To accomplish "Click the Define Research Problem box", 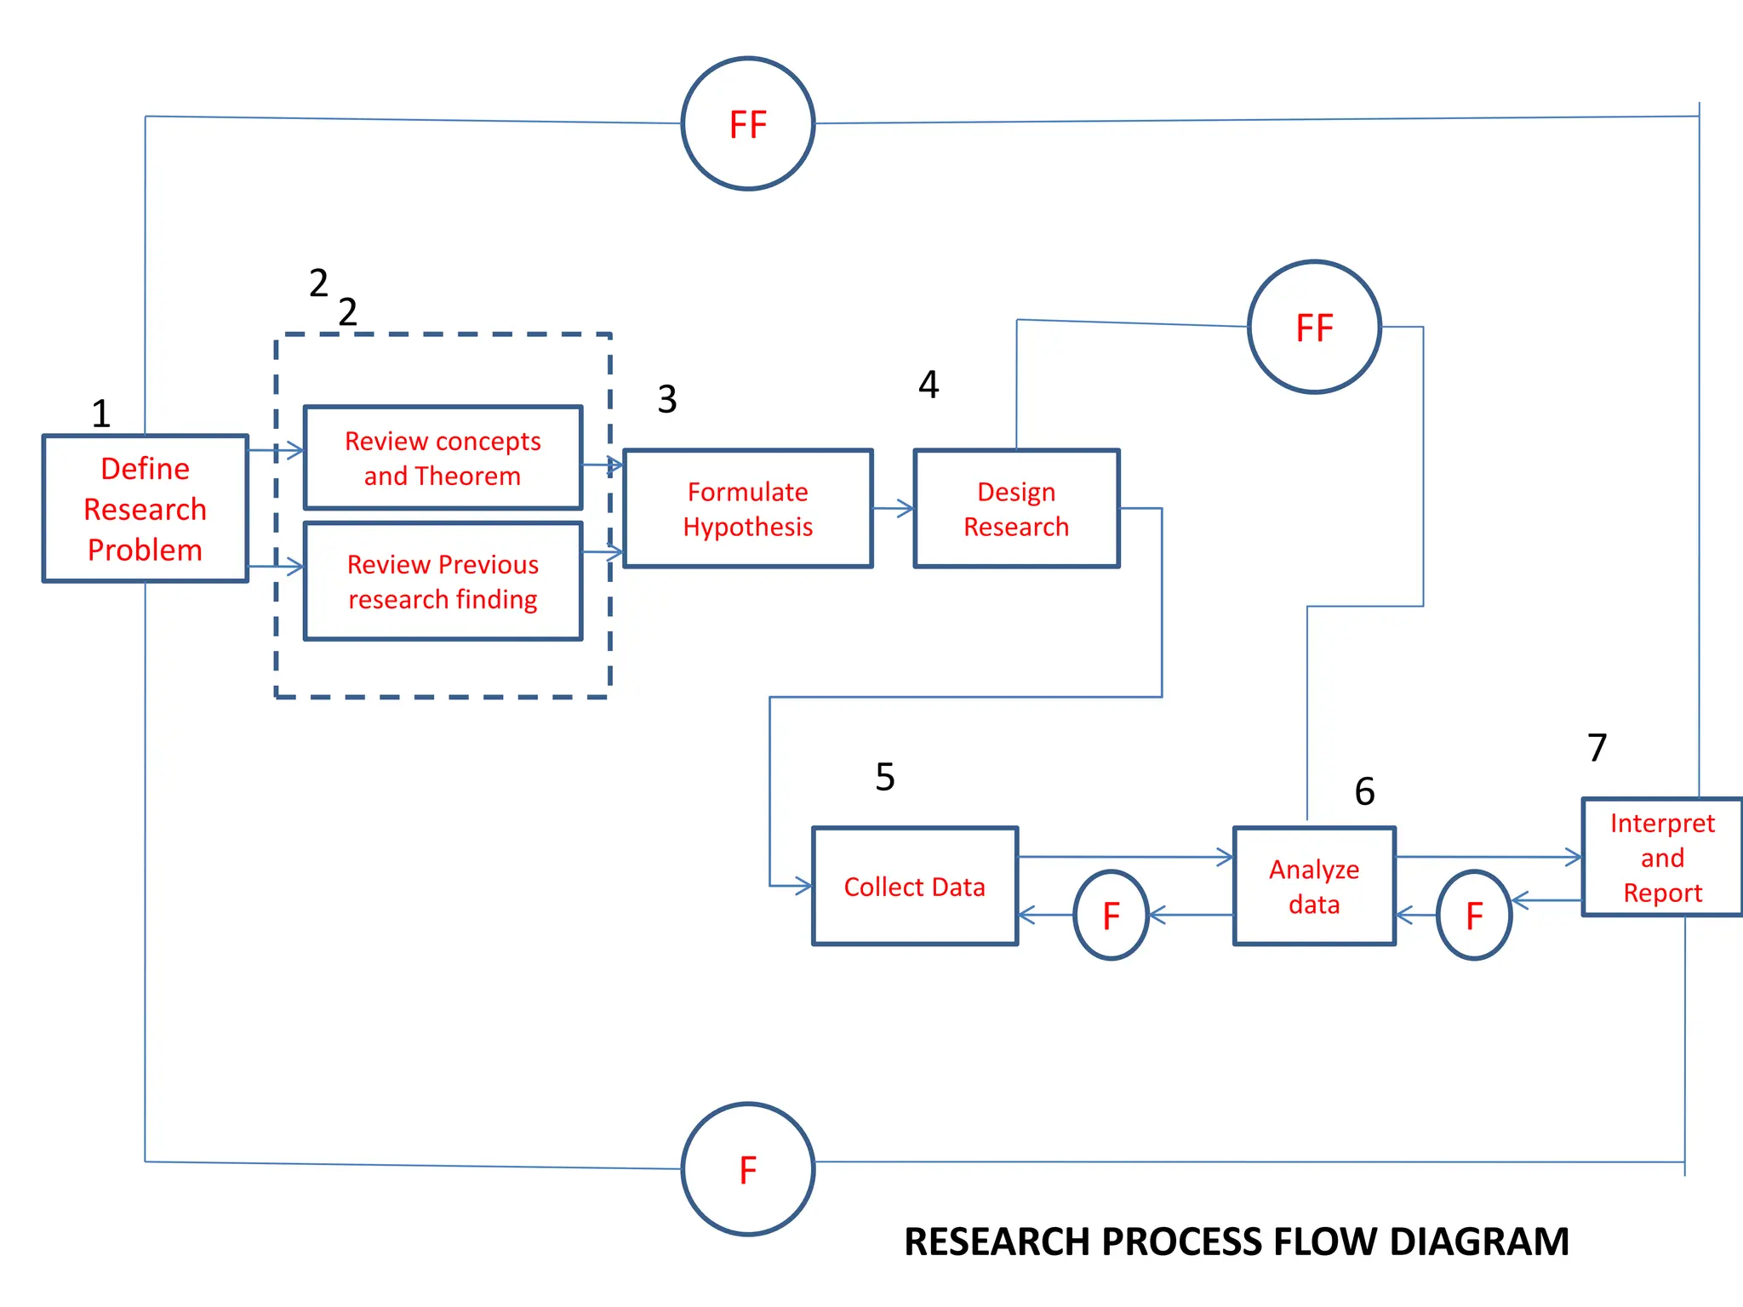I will pos(145,509).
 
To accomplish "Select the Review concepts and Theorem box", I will pos(443,458).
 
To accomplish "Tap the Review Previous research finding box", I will pos(443,581).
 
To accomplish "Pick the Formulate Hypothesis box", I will pos(747,509).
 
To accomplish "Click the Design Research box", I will pos(1016,509).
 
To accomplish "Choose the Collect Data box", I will pos(914,886).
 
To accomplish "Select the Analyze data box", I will pos(1314,886).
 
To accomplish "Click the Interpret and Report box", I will pos(1661,857).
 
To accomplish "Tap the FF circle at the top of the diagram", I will pos(748,124).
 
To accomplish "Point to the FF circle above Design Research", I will pos(1314,328).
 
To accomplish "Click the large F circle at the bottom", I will pos(748,1169).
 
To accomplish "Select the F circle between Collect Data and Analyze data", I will pos(1111,916).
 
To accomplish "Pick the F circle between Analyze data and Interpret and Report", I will pos(1474,916).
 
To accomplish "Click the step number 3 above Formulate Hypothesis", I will pos(667,399).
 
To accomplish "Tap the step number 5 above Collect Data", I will pos(885,777).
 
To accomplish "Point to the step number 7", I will pos(1597,748).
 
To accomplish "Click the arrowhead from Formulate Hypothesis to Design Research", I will pos(907,509).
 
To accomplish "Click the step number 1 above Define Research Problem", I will pos(100,414).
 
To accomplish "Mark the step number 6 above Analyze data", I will pos(1364,791).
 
